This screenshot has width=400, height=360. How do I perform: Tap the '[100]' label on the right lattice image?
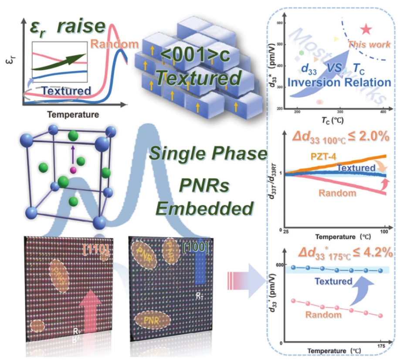pos(196,248)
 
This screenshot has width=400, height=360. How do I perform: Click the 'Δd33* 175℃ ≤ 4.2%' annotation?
pos(344,254)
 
